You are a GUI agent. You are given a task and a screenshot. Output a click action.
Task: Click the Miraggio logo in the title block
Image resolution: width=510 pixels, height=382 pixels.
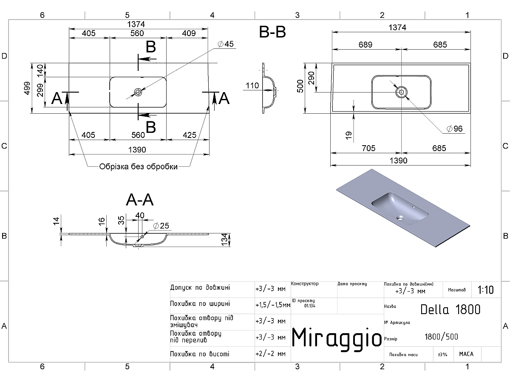coord(337,338)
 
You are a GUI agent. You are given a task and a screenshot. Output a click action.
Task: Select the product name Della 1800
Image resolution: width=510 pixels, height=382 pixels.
coord(450,309)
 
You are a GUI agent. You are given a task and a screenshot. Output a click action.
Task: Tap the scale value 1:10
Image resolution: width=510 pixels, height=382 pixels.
coord(486,290)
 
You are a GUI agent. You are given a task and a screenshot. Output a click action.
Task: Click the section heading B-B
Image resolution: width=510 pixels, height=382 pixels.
coord(272,32)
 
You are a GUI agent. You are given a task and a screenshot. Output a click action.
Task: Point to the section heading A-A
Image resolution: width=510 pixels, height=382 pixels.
coord(140,199)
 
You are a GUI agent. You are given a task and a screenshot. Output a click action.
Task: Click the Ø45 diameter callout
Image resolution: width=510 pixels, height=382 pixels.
coord(226,44)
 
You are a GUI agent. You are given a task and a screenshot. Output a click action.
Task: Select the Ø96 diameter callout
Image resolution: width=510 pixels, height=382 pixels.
coord(454,129)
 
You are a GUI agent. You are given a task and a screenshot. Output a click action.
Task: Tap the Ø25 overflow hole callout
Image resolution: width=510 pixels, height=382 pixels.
coord(161,225)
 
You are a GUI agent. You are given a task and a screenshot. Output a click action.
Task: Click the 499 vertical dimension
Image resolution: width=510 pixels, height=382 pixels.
coord(27,88)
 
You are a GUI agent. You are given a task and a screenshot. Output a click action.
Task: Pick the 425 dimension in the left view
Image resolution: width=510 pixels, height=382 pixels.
coord(190,135)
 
